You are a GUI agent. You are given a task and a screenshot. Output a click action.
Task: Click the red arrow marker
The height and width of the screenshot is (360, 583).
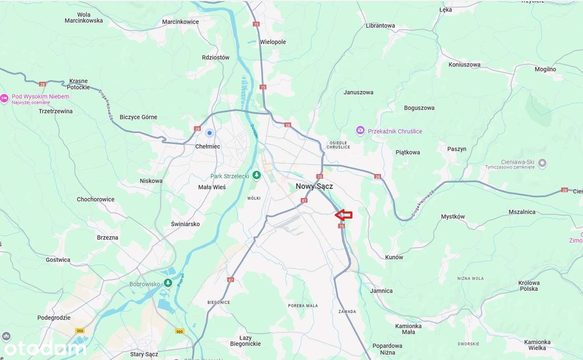(344, 215)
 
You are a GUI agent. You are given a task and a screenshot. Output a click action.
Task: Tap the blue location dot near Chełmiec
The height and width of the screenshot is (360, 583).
(210, 133)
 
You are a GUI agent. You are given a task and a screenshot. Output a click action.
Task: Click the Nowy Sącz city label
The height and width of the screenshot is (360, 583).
(314, 186)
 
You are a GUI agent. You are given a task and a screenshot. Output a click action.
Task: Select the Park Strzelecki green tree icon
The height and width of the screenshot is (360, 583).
(257, 175)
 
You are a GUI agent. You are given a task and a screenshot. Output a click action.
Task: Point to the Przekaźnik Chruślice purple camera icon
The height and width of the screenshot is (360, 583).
(360, 131)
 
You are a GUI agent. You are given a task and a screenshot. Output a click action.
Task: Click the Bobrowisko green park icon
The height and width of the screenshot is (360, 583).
(168, 284)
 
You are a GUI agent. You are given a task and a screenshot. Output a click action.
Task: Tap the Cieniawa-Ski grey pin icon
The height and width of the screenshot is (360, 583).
(542, 162)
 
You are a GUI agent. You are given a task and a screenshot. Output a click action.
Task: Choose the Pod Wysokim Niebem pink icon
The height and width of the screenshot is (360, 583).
(5, 98)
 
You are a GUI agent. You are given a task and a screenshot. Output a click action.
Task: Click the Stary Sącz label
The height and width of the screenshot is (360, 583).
(144, 354)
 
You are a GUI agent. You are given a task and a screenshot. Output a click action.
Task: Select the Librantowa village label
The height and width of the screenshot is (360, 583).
(380, 25)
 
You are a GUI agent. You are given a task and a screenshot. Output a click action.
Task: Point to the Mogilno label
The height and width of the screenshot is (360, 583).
(545, 69)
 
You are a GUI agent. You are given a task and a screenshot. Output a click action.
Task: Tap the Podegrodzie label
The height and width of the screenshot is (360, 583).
(54, 318)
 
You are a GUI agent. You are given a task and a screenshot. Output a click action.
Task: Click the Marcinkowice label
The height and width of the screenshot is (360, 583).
(180, 21)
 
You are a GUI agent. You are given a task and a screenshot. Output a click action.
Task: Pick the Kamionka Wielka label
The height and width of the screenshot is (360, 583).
(537, 345)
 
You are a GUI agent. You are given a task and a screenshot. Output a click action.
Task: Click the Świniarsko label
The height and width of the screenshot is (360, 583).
(185, 224)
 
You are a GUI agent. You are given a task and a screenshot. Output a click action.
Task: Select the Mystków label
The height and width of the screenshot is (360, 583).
(453, 217)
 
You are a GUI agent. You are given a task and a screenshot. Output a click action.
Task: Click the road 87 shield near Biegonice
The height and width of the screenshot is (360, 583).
(230, 279)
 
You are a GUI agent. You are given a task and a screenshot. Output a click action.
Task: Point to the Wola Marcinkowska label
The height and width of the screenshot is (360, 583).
(84, 17)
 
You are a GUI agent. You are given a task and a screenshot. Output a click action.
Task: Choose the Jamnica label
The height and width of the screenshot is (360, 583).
(381, 291)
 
